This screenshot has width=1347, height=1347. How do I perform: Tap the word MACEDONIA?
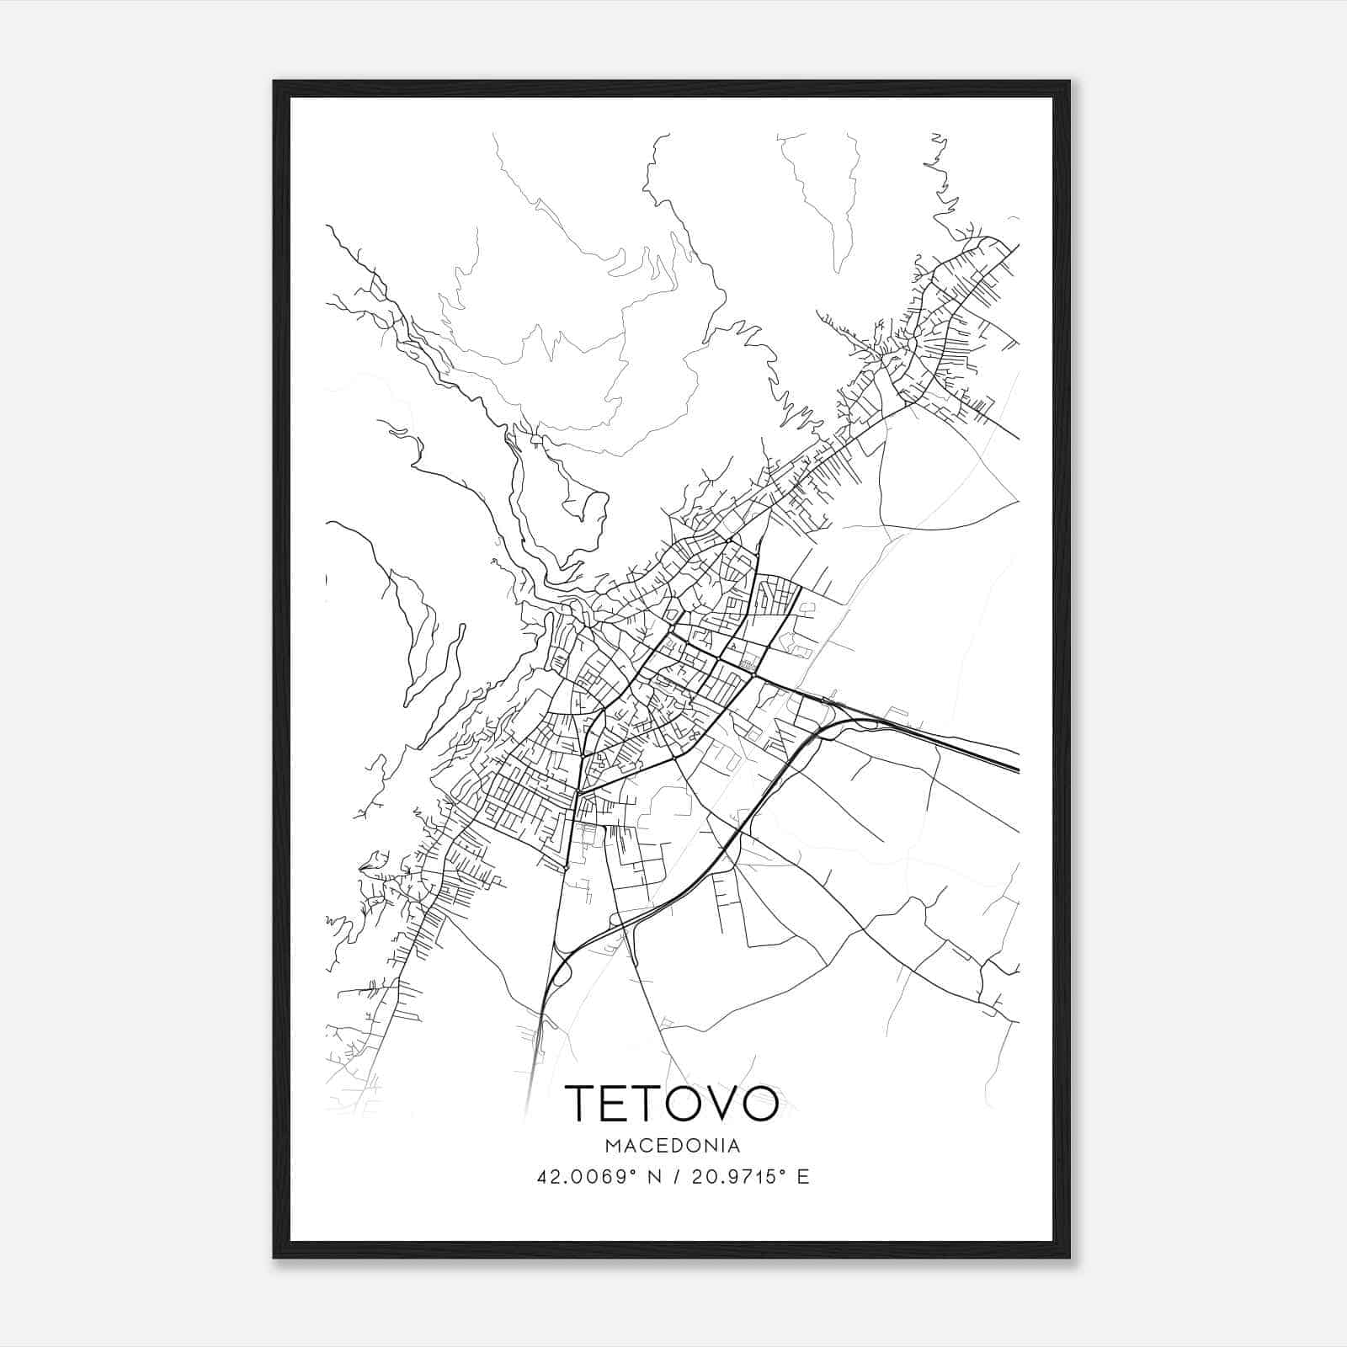point(672,1146)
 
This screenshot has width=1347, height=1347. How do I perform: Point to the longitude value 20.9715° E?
point(749,1177)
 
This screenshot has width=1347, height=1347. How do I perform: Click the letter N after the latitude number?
point(649,1177)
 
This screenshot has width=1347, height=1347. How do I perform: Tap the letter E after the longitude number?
point(803,1177)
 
